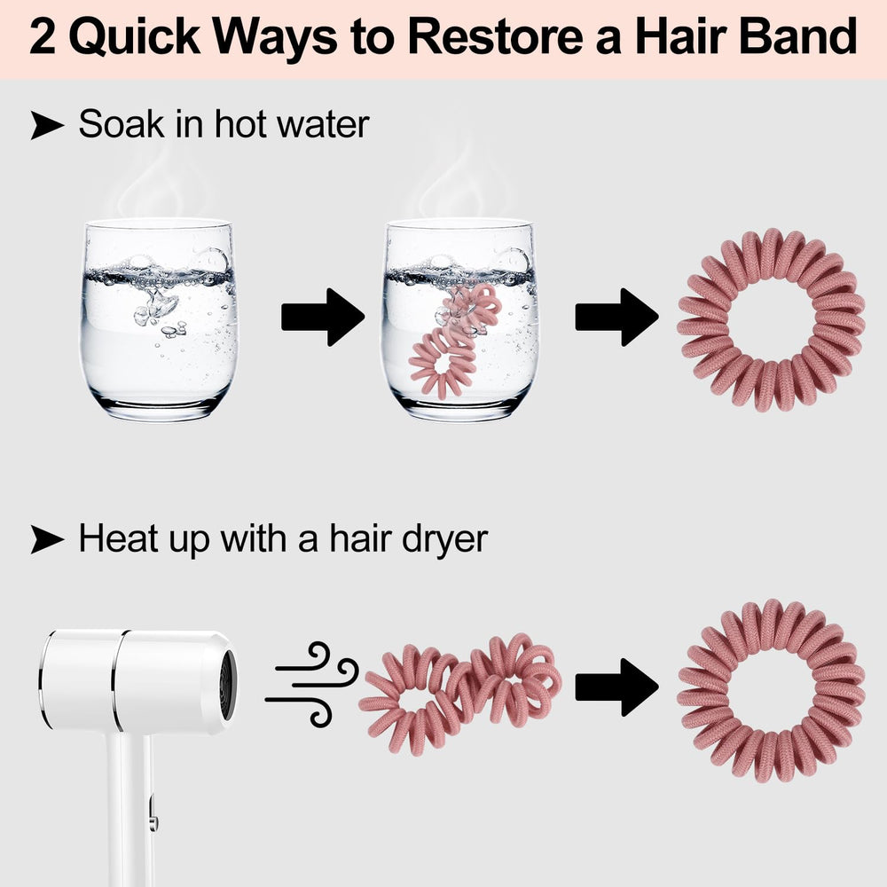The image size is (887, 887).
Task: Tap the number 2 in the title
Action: [42, 36]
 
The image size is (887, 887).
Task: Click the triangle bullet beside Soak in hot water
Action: [47, 124]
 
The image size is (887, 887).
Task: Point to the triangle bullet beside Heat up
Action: [47, 538]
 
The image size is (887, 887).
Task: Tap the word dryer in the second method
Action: [444, 540]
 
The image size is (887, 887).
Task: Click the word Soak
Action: [122, 124]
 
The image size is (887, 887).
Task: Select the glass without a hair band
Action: [159, 319]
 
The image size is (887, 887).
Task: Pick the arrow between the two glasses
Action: [323, 317]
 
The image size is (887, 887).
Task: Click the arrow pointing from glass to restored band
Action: [617, 317]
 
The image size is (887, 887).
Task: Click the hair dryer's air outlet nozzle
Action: [227, 685]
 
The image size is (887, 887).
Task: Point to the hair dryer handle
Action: [130, 809]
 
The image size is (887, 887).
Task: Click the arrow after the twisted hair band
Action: [617, 687]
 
